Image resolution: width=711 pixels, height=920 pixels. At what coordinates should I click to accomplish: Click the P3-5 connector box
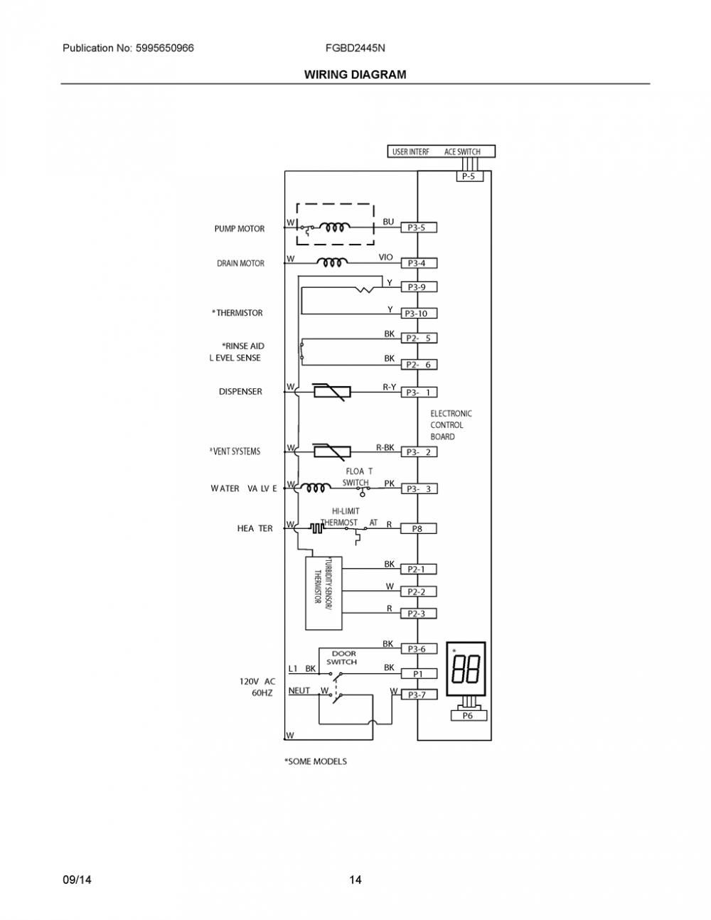pyautogui.click(x=419, y=228)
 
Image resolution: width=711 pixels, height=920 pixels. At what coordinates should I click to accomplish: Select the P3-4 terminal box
pyautogui.click(x=419, y=263)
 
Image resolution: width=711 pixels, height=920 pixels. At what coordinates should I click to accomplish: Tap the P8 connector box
pyautogui.click(x=419, y=528)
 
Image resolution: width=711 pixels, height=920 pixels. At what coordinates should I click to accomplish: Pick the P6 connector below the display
pyautogui.click(x=469, y=715)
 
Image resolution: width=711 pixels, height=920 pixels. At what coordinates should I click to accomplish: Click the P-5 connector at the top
pyautogui.click(x=469, y=176)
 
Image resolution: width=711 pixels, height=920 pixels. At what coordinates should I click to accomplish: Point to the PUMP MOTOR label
pyautogui.click(x=239, y=229)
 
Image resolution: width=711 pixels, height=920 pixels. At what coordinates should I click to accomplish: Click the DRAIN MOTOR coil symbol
pyautogui.click(x=333, y=262)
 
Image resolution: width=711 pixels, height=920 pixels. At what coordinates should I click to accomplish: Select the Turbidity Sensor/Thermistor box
pyautogui.click(x=324, y=593)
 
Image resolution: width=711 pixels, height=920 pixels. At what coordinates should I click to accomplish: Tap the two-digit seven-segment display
pyautogui.click(x=466, y=669)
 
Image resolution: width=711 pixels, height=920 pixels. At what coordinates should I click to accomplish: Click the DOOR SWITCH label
pyautogui.click(x=342, y=658)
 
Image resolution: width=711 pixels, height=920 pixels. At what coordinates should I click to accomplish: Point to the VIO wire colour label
pyautogui.click(x=385, y=257)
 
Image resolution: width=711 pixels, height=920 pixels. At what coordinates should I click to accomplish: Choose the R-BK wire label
pyautogui.click(x=385, y=447)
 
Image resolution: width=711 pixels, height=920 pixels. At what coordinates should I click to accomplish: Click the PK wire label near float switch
pyautogui.click(x=390, y=483)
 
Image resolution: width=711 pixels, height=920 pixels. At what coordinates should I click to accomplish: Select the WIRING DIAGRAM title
pyautogui.click(x=355, y=75)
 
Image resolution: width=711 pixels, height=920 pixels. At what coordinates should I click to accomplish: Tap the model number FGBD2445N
pyautogui.click(x=355, y=48)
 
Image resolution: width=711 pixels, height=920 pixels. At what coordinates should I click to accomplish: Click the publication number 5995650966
pyautogui.click(x=165, y=48)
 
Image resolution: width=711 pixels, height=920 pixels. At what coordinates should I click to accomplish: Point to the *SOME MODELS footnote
pyautogui.click(x=315, y=761)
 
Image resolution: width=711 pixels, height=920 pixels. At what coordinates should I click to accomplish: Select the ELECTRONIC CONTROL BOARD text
pyautogui.click(x=451, y=425)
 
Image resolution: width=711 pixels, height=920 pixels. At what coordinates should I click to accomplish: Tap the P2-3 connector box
pyautogui.click(x=419, y=614)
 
